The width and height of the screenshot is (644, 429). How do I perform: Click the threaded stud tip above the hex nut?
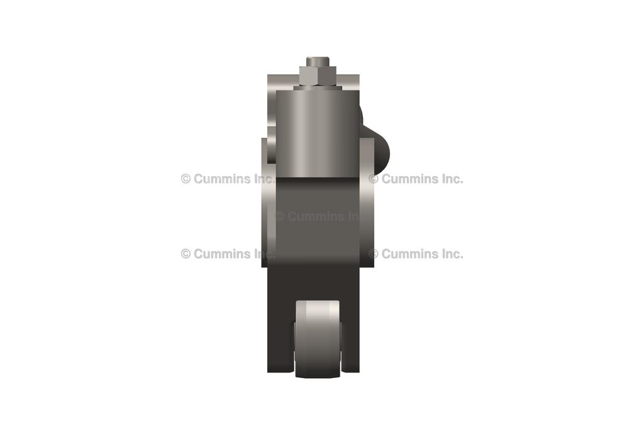pos(318,61)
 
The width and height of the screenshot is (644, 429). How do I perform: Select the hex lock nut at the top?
pos(318,75)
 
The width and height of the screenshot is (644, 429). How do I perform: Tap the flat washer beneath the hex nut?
pos(318,88)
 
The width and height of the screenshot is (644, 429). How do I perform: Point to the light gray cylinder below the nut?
pos(318,133)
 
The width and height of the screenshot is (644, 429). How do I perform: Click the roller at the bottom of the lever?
pos(318,339)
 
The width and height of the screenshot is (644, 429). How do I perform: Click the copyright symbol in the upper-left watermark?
pos(186,179)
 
